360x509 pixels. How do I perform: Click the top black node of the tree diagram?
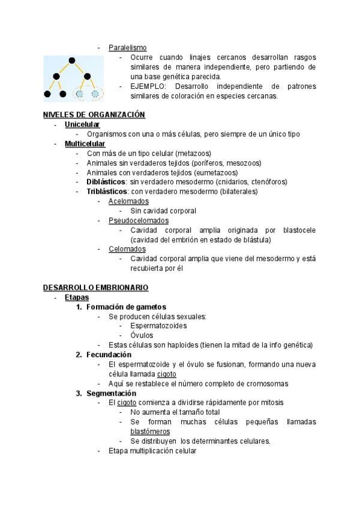pos(72,60)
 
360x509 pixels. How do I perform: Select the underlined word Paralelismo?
pos(127,47)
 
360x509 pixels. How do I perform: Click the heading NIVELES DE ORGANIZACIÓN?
pos(94,115)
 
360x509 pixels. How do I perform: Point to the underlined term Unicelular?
pos(82,124)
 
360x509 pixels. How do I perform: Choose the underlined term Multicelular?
pos(85,143)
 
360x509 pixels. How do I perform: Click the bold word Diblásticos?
pos(106,182)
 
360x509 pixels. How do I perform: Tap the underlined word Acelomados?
pos(128,201)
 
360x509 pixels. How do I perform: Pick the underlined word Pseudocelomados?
pos(138,220)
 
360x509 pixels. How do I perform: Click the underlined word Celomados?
pos(127,249)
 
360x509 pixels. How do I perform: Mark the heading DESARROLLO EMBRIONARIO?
pos(95,288)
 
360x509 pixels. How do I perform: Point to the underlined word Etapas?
pos(77,297)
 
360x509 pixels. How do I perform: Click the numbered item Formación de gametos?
pos(126,307)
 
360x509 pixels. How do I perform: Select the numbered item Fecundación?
pos(109,355)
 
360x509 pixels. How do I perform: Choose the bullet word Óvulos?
pos(142,336)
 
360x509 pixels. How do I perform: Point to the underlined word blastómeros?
pos(150,432)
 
